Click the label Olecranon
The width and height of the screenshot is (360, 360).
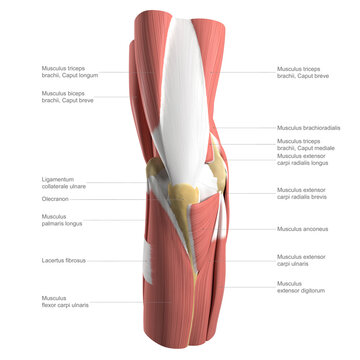(55, 198)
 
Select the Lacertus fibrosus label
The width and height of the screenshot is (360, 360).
(63, 260)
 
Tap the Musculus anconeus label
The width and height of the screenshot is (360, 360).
(302, 229)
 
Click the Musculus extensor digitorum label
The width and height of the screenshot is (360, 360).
(302, 287)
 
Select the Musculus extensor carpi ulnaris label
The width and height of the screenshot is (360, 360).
(301, 261)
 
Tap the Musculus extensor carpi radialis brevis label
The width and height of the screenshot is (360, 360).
(304, 193)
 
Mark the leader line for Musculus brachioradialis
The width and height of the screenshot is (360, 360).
(250, 128)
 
